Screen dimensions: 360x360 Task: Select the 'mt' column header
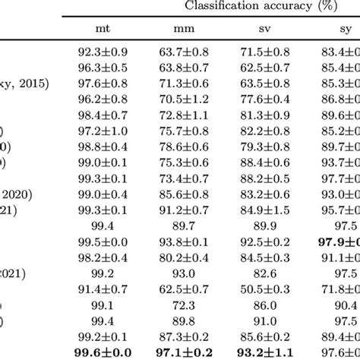point(99,30)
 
